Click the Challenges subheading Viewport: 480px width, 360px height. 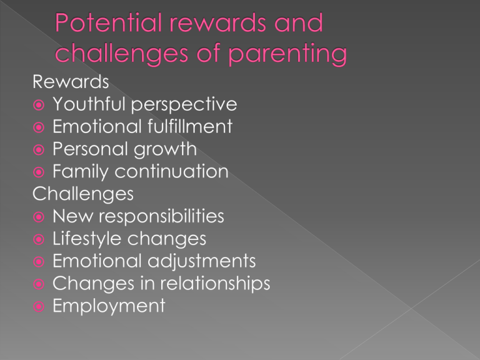pyautogui.click(x=82, y=193)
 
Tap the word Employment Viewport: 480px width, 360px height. pyautogui.click(x=109, y=306)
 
